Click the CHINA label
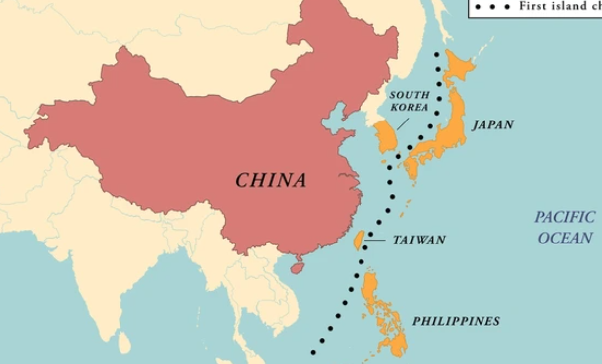270,180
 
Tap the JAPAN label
493,124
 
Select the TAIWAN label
419,240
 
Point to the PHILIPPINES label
456,321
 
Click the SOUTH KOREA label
409,101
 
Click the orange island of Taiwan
358,240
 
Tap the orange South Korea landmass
386,136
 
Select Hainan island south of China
297,268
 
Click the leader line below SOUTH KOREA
403,124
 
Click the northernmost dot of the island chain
437,54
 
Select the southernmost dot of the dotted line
313,352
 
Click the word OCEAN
565,238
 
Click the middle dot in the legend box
492,7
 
